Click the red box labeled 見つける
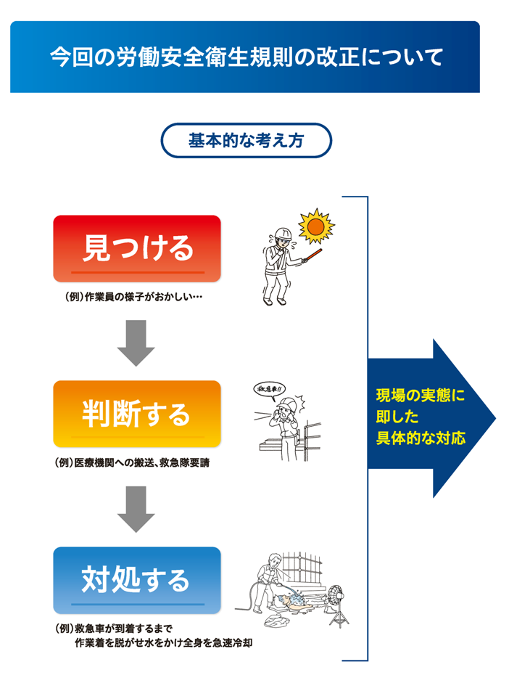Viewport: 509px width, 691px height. click(x=137, y=248)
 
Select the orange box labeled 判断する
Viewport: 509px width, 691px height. click(x=137, y=414)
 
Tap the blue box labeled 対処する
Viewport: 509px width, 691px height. click(x=137, y=580)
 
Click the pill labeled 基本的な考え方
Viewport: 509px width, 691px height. click(x=246, y=141)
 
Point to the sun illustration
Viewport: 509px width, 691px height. click(x=315, y=226)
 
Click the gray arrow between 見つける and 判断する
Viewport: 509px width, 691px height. click(x=136, y=343)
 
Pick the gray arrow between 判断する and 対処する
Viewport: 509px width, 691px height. click(x=136, y=509)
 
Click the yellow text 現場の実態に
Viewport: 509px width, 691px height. click(x=421, y=396)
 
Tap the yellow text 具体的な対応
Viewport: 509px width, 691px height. click(x=421, y=438)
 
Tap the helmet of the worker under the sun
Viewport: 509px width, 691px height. click(x=283, y=233)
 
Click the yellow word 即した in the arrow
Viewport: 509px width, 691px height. click(x=397, y=417)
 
